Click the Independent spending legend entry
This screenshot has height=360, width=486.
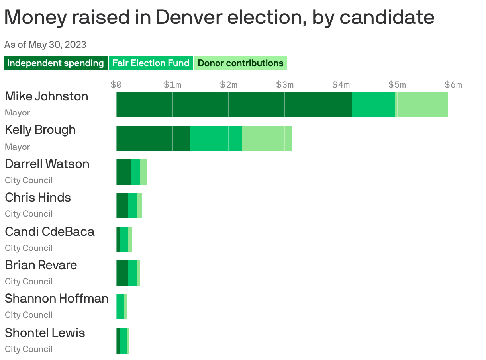(55, 63)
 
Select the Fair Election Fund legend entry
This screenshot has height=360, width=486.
(151, 63)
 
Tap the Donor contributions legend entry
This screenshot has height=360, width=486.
(240, 63)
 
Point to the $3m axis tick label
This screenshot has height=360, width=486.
(285, 84)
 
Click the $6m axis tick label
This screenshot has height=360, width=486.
(453, 84)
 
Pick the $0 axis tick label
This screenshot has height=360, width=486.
(116, 84)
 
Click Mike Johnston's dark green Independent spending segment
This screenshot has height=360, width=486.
(234, 104)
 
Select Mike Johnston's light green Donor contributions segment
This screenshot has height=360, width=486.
(422, 104)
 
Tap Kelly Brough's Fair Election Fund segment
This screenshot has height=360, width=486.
(216, 139)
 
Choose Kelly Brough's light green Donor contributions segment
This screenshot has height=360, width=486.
(267, 139)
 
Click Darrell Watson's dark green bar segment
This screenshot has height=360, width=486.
(123, 172)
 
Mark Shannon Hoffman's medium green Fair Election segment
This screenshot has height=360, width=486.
(120, 307)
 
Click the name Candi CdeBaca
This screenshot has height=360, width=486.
(49, 231)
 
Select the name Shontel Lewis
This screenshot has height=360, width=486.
(45, 333)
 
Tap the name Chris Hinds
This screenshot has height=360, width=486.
(38, 197)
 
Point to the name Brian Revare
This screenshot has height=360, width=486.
(41, 265)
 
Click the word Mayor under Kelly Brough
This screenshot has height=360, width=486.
(17, 147)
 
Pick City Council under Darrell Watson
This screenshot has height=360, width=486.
(29, 180)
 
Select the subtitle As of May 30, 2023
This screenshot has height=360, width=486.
(45, 44)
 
